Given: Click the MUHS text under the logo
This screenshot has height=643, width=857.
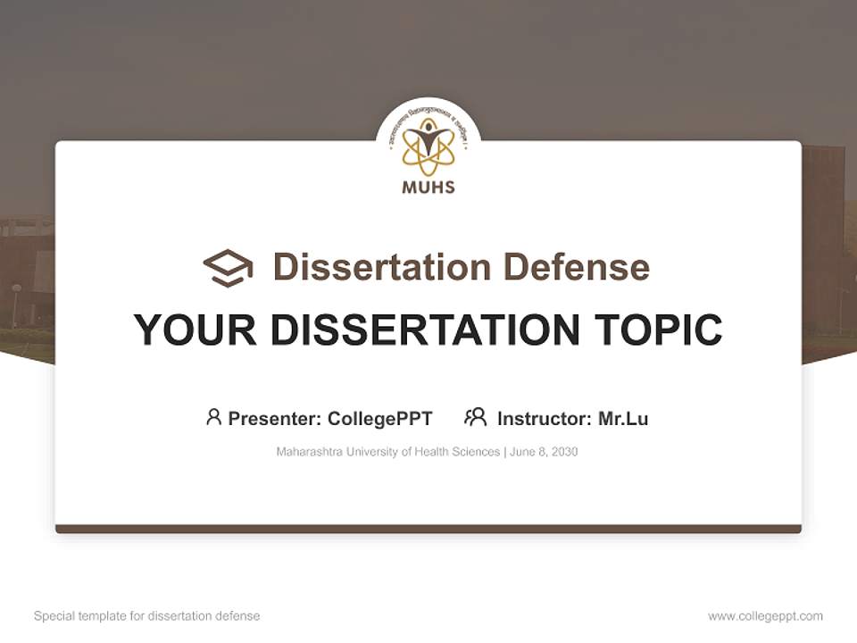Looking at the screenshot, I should tap(428, 188).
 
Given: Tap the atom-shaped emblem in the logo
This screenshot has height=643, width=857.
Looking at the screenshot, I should tap(428, 147).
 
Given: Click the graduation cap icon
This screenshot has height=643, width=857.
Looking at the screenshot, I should tap(228, 268).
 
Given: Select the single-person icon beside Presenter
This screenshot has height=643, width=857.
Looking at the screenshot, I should tap(213, 417).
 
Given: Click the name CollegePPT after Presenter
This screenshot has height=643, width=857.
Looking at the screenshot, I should tap(380, 418).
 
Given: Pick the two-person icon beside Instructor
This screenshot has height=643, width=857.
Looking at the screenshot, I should tap(476, 417).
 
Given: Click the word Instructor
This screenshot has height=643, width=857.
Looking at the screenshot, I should tap(544, 418).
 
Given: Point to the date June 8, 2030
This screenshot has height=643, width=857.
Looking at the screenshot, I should tap(545, 452).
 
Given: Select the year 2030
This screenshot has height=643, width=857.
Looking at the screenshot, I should tap(564, 452).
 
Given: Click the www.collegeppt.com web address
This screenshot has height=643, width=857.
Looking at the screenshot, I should tap(765, 616).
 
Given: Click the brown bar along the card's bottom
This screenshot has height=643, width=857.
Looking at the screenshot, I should tap(428, 529).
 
